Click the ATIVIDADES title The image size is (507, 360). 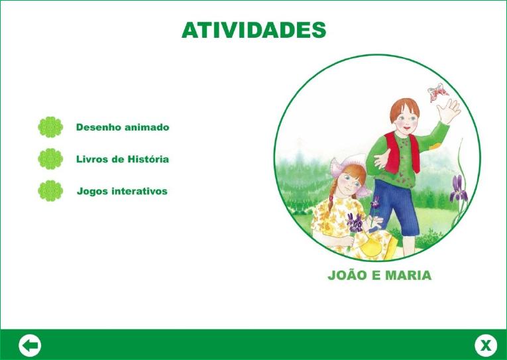tap(254, 30)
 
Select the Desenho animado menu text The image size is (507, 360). tap(123, 127)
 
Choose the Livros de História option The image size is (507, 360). tap(123, 159)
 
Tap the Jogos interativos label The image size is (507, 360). tap(122, 191)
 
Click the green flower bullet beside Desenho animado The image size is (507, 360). tap(50, 127)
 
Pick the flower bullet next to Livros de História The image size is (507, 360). tap(50, 159)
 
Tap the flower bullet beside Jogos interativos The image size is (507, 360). tap(50, 191)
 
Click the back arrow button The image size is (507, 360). tap(30, 345)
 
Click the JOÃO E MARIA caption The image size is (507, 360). tap(380, 275)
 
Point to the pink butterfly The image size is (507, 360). tap(438, 92)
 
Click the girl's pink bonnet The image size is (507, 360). tap(349, 172)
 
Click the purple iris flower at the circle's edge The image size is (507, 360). tap(459, 188)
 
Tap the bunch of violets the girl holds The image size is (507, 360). tap(355, 223)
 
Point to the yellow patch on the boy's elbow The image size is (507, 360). tap(435, 147)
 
